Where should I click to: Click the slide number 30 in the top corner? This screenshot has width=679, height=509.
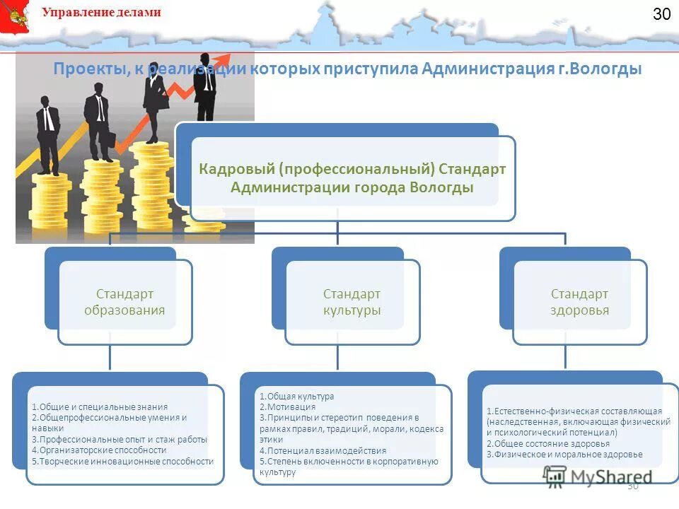click(x=661, y=14)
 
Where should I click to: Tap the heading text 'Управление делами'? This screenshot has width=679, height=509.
click(x=101, y=12)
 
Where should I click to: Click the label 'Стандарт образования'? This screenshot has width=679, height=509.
click(x=124, y=302)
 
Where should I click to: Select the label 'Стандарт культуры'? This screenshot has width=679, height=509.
click(x=352, y=302)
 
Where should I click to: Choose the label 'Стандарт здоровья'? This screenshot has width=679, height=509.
click(x=579, y=302)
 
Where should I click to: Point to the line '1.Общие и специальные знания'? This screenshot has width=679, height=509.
click(x=100, y=406)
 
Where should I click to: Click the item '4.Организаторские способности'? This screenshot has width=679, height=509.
click(x=99, y=450)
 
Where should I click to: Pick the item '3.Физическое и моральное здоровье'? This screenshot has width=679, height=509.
click(x=564, y=454)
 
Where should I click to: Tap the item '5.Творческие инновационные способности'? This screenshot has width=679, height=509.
click(x=122, y=461)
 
